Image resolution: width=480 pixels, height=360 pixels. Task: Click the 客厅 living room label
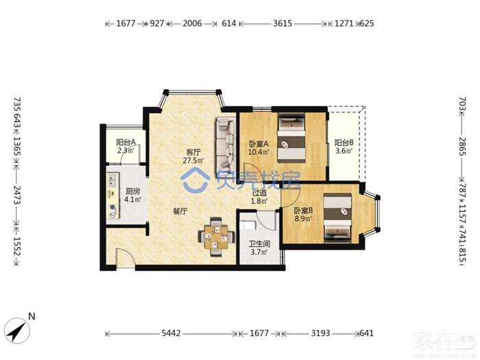click(193, 152)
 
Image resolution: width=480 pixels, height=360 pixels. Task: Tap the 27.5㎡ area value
click(193, 160)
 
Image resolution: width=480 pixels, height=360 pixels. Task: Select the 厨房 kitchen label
click(133, 191)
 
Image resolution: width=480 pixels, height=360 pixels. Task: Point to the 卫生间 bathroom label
click(259, 244)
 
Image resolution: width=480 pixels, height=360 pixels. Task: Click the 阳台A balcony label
click(125, 143)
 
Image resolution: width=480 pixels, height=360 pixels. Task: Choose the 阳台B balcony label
click(344, 143)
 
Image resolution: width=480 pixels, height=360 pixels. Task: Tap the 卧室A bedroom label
click(259, 143)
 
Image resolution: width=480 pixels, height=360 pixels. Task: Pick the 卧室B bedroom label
click(303, 211)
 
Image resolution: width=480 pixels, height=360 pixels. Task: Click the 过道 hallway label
click(259, 193)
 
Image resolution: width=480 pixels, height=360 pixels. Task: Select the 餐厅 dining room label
click(180, 211)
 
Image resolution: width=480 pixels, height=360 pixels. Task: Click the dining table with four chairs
click(217, 237)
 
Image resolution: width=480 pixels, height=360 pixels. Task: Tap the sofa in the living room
click(226, 145)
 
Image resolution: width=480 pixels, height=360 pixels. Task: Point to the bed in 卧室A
click(291, 138)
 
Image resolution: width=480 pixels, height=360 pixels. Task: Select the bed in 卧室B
click(337, 217)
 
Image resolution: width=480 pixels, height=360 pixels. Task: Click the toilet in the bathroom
click(248, 226)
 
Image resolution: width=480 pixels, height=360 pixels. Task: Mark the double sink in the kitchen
click(111, 180)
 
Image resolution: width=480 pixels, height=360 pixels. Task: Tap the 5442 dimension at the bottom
click(171, 333)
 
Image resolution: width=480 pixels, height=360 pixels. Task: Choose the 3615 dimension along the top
click(283, 23)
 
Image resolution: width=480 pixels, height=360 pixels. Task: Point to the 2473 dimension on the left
click(17, 196)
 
